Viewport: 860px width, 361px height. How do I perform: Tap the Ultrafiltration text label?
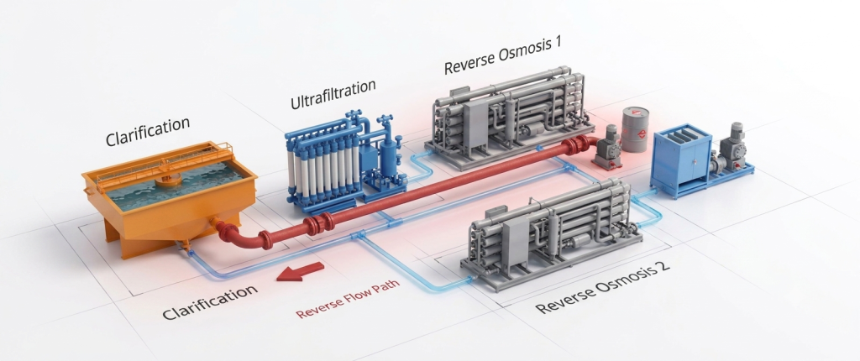point(333,94)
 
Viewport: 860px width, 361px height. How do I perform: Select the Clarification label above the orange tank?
point(148,131)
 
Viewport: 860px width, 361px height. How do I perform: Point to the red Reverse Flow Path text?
point(347,299)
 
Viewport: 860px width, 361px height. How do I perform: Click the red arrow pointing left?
point(300,271)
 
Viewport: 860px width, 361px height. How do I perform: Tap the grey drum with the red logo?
point(635,129)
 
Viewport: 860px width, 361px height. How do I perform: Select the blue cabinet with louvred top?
point(680,161)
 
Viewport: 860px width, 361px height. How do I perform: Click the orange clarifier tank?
point(168,196)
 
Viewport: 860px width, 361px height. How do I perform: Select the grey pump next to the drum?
point(606,147)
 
